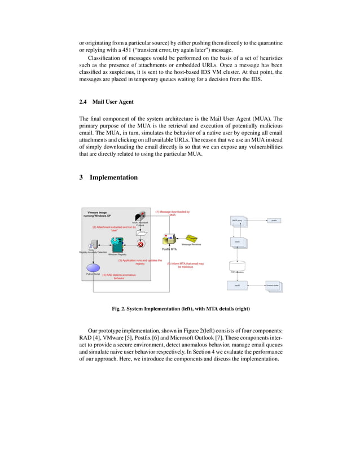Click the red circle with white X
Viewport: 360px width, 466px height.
coord(141,244)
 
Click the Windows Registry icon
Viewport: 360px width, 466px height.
coord(117,244)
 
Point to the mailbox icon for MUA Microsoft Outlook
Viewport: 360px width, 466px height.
coord(141,217)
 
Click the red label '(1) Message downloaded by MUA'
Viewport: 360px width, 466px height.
coord(173,213)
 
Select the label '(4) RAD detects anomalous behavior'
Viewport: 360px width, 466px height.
coord(118,276)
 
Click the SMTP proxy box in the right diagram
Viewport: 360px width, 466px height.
coord(238,221)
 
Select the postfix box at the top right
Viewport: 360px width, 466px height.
coord(274,221)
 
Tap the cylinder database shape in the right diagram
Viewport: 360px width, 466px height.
coord(238,266)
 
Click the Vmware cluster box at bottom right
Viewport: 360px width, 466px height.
coord(274,286)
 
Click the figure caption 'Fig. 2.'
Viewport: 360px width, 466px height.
coord(120,309)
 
